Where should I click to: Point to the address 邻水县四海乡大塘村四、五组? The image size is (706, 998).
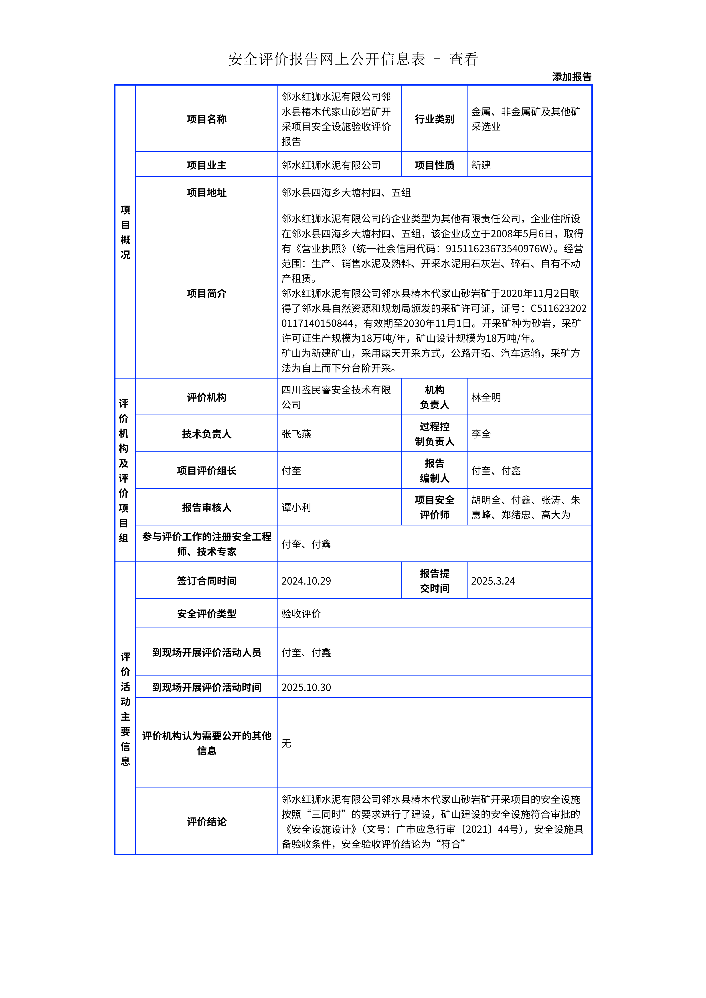pos(346,192)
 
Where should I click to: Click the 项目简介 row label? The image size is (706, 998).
pos(207,293)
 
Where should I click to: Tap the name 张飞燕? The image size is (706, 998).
pos(296,434)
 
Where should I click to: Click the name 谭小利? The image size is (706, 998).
pos(296,507)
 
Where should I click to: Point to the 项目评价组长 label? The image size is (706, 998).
pos(207,471)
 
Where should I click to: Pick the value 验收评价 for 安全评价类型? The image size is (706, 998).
pos(301,614)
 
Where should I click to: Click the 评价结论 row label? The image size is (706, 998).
pos(207,822)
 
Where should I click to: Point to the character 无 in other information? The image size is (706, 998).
pos(286,743)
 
